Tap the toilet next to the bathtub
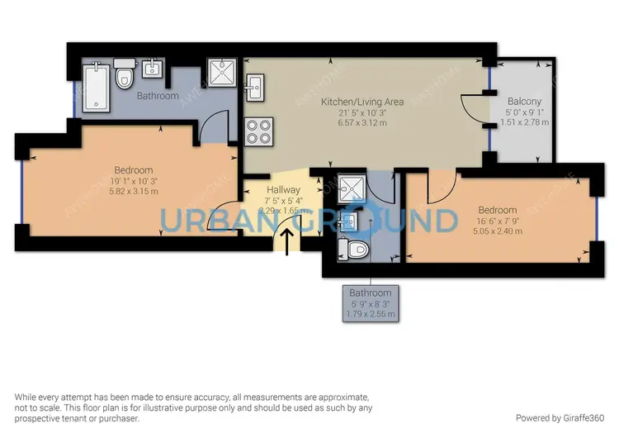tap(125, 76)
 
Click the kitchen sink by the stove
tap(255, 84)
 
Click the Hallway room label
tap(278, 190)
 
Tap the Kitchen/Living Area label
tap(362, 102)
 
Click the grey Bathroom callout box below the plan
tap(370, 302)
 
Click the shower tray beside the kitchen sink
tap(222, 72)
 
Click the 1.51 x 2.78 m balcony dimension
tap(523, 122)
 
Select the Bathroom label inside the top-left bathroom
tap(158, 96)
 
